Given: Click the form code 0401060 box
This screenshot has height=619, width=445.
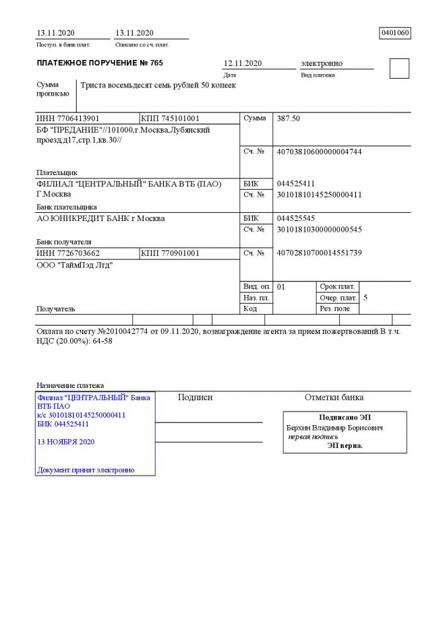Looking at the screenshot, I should (x=395, y=33).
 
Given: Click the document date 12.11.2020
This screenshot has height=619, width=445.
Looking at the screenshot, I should (x=243, y=63).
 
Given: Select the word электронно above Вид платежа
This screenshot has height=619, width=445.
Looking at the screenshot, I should (x=322, y=63).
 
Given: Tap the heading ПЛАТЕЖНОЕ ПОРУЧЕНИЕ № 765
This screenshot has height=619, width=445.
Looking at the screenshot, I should (x=99, y=63).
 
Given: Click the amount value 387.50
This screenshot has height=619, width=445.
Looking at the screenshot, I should (x=289, y=119).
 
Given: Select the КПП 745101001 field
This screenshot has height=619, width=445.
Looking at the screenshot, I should (x=171, y=119).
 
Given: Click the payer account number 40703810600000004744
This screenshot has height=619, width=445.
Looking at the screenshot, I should (x=320, y=152).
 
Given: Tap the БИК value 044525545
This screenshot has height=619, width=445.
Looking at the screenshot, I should (x=296, y=219).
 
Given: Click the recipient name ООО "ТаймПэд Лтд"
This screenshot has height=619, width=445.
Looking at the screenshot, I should (x=74, y=265).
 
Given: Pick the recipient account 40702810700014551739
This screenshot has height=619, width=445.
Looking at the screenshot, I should (x=320, y=253).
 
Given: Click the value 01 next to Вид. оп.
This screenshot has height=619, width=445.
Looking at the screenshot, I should (x=281, y=287).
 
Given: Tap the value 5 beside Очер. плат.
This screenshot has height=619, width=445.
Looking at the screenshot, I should (x=365, y=298).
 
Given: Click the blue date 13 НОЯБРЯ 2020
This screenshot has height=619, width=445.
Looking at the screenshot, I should (x=66, y=442).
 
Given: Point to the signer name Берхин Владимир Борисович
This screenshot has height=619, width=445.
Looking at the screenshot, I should (x=334, y=428).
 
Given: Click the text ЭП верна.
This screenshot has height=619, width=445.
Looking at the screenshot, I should (x=345, y=445).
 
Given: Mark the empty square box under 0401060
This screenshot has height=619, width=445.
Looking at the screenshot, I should (x=399, y=69).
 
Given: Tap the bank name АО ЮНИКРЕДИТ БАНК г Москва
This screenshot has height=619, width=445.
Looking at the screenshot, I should (x=100, y=219).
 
